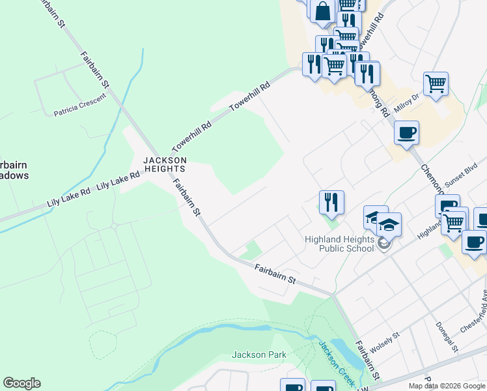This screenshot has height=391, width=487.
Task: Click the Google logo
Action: click(x=21, y=383)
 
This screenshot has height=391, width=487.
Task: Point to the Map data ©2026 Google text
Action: click(x=447, y=386)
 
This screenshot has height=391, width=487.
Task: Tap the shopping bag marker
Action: click(x=323, y=11)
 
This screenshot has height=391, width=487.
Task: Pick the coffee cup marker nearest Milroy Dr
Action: click(x=406, y=133)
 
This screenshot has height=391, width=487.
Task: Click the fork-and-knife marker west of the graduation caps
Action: click(x=331, y=203)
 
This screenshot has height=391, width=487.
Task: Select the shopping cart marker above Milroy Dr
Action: click(x=436, y=83)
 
